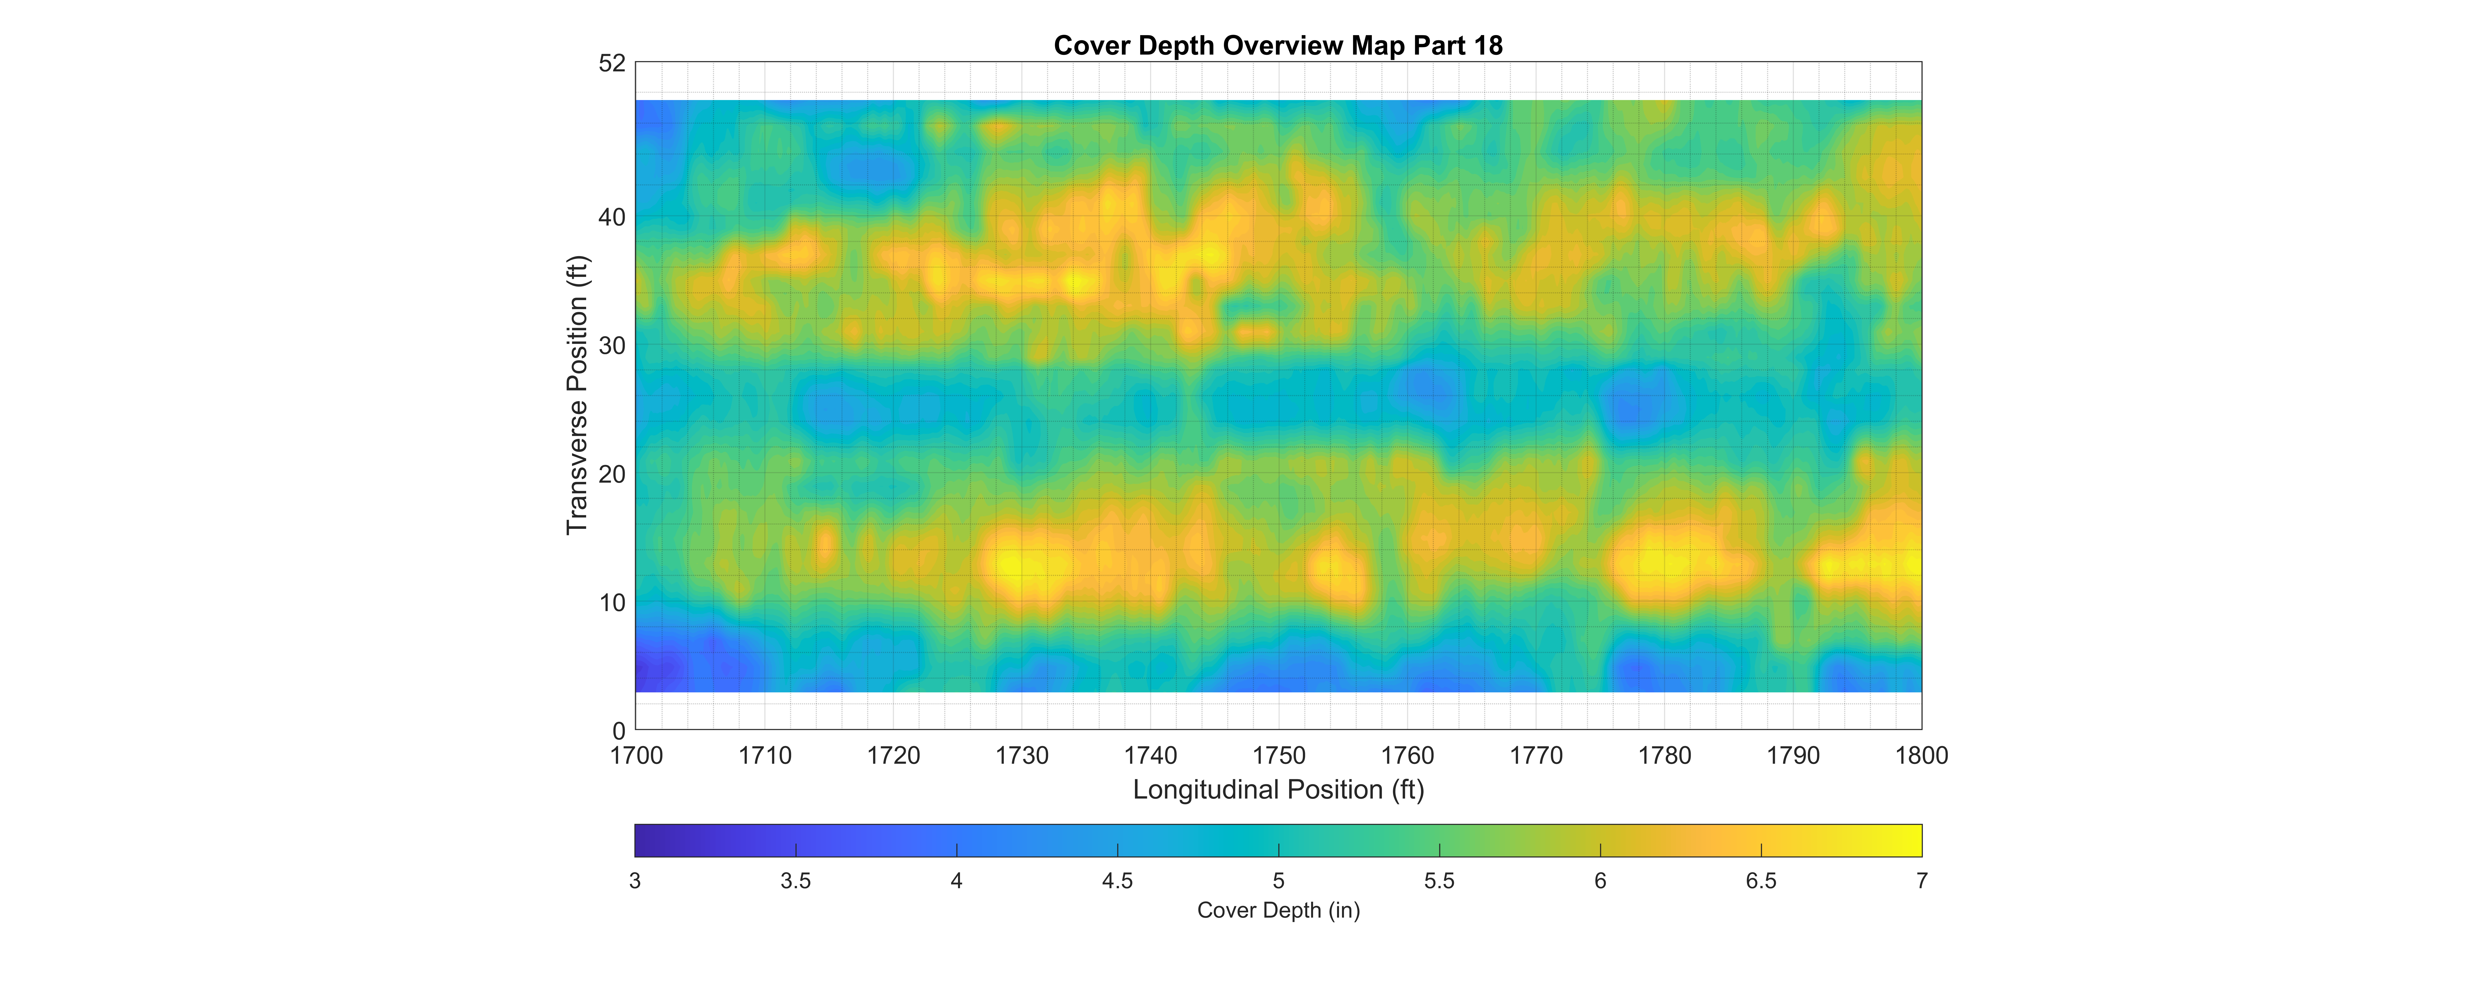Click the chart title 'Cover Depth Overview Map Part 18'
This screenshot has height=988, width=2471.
1278,45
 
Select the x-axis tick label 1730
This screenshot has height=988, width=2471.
1022,756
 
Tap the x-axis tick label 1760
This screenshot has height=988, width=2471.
1407,756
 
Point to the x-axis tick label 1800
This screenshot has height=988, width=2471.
1921,756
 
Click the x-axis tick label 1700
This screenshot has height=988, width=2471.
636,756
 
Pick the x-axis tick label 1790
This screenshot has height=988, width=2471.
1793,756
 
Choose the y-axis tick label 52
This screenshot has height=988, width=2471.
612,63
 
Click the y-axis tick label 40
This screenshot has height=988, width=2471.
612,218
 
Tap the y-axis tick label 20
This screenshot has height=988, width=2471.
612,475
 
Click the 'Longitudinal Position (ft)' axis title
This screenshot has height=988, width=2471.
1278,789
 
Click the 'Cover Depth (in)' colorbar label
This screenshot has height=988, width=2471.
1278,910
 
